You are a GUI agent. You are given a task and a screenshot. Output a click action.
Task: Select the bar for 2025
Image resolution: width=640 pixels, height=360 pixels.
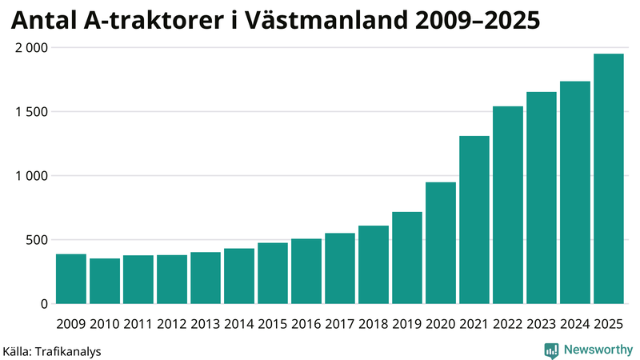[x=608, y=179]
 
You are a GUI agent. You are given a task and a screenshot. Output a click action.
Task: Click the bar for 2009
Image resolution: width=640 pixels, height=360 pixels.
[x=71, y=279]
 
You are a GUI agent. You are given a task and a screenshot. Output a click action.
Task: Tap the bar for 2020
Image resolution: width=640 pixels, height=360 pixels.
[x=441, y=243]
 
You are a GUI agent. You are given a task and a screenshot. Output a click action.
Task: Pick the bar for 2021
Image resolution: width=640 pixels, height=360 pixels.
[x=474, y=220]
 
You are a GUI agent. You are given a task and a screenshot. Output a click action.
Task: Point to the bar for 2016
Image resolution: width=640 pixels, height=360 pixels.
[x=306, y=271]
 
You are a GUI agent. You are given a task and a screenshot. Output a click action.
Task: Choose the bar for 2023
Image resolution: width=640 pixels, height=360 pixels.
[x=542, y=198]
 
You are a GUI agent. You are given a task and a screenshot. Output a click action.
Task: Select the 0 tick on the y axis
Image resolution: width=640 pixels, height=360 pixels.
[x=45, y=304]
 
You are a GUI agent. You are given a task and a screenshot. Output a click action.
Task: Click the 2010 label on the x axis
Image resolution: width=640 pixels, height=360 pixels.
[x=105, y=324]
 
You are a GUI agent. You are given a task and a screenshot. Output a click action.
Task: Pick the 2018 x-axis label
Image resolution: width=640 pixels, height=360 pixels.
[x=374, y=324]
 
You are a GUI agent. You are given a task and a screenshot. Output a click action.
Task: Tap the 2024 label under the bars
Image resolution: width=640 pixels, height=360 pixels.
[x=575, y=324]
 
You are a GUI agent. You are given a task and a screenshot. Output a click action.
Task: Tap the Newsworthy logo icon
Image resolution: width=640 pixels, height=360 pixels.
[x=551, y=350]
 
